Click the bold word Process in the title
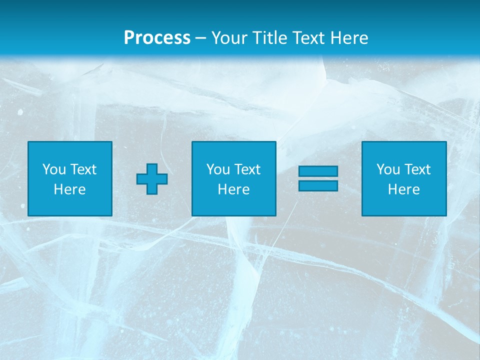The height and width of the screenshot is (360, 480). tap(157, 38)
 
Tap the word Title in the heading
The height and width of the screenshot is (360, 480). tap(268, 38)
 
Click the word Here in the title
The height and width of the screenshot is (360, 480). tap(349, 38)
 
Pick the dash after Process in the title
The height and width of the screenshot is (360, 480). tap(201, 38)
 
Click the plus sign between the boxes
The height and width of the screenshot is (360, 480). tap(152, 179)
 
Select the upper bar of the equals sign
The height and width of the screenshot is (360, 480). tap(318, 171)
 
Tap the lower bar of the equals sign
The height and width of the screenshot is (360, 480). tap(318, 185)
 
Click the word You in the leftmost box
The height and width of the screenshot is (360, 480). tap(54, 169)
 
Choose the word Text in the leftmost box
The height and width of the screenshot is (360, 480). tap(83, 169)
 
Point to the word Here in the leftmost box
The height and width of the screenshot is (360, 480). tap(69, 189)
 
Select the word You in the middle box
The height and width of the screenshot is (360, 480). tap(218, 169)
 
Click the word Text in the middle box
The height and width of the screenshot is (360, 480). tap(247, 169)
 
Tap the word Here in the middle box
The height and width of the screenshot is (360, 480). tap(233, 189)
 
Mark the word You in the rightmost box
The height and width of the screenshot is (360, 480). tap(388, 169)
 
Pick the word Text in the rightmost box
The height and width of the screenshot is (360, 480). tap(417, 169)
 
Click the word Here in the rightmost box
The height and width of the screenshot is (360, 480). tap(403, 189)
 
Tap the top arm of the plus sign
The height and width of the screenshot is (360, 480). tap(152, 168)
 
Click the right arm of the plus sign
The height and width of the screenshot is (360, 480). tap(162, 179)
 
